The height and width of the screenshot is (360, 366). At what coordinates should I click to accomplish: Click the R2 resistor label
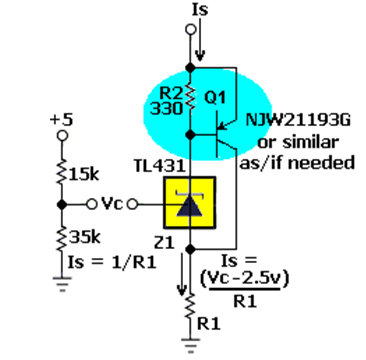point(171,94)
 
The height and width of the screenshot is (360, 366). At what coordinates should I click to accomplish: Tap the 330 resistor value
point(166,109)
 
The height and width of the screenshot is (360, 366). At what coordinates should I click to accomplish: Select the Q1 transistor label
point(213,98)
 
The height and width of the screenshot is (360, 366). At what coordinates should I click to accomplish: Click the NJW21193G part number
point(298,120)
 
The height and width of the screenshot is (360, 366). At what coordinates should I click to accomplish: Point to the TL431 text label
point(160,166)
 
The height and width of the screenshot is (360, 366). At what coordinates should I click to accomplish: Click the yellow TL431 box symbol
point(189,203)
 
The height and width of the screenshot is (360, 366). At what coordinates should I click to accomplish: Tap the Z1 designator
point(164,243)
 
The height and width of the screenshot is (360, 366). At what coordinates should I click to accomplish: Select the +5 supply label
point(61,121)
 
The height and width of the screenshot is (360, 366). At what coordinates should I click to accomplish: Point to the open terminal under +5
point(62,136)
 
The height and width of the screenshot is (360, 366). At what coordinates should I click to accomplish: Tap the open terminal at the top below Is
point(190,30)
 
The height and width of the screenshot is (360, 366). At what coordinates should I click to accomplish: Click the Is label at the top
point(200,10)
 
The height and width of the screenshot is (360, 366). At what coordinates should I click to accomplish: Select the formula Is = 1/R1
point(112,263)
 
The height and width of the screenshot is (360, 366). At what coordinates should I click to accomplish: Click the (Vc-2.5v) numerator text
point(244,281)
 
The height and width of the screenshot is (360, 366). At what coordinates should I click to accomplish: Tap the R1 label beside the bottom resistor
point(209,324)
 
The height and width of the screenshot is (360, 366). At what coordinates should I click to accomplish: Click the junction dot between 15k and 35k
point(61,204)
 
